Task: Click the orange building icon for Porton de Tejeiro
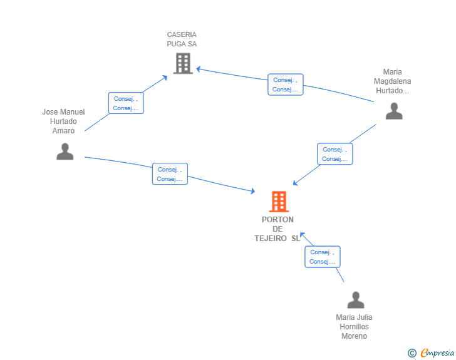click(x=279, y=201)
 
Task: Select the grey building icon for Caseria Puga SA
click(x=183, y=63)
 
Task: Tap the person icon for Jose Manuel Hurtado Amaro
click(x=65, y=152)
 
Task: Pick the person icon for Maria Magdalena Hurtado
click(x=394, y=111)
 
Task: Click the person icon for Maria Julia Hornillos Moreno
click(x=356, y=300)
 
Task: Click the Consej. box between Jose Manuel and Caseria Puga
click(x=126, y=103)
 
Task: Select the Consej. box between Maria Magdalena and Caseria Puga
click(x=285, y=85)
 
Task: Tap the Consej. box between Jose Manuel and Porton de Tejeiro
click(x=170, y=173)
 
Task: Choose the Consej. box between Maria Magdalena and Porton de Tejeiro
click(x=334, y=154)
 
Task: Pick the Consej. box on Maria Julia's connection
click(x=322, y=257)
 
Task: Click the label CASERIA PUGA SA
click(x=182, y=39)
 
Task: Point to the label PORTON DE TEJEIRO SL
click(x=277, y=229)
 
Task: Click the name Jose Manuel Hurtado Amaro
click(x=63, y=121)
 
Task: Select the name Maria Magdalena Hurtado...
click(x=392, y=81)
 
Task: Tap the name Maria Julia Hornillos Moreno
click(x=354, y=327)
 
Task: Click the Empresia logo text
click(x=437, y=352)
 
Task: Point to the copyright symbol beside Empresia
click(x=412, y=353)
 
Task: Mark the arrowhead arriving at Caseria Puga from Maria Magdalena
click(x=199, y=69)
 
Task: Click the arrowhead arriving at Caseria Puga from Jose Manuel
click(x=165, y=78)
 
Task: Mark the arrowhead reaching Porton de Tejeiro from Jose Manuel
click(x=253, y=191)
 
